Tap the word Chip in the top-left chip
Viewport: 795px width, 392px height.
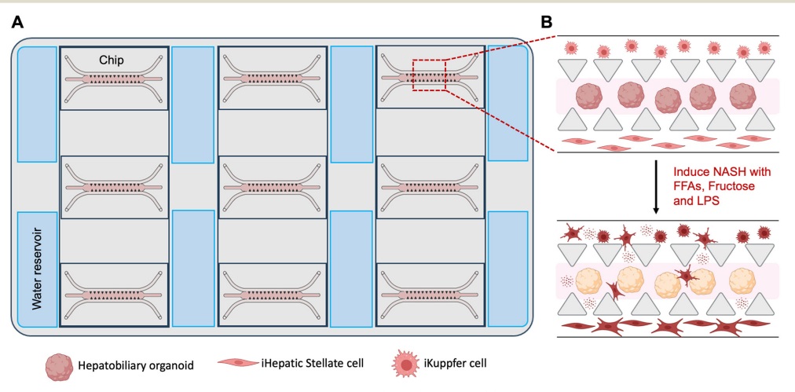tap(113, 60)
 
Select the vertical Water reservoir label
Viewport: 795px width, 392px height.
tap(35, 269)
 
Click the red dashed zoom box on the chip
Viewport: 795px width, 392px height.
tap(429, 75)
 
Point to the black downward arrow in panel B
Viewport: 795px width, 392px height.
tap(656, 187)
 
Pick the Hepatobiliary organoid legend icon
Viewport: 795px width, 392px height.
tap(59, 363)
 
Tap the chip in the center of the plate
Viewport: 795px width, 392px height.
tap(272, 187)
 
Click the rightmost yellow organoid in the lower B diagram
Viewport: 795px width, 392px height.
tap(743, 280)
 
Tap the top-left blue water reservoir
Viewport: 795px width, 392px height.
tap(36, 104)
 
